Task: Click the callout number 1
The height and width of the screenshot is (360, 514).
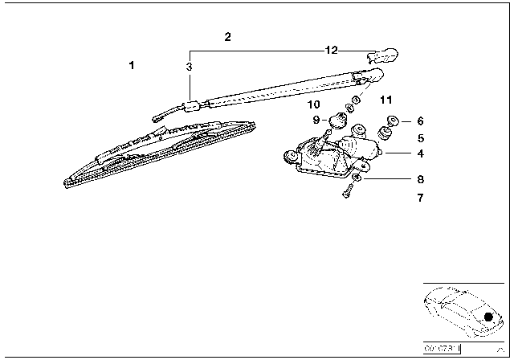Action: (133, 65)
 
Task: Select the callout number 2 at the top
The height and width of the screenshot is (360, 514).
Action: (227, 37)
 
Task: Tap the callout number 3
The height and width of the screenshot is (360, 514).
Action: (189, 67)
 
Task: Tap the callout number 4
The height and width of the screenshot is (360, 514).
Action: (421, 153)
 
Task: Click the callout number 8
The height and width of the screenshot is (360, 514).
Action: (421, 181)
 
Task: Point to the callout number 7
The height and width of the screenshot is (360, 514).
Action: (421, 197)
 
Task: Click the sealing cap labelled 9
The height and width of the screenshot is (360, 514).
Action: (337, 121)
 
